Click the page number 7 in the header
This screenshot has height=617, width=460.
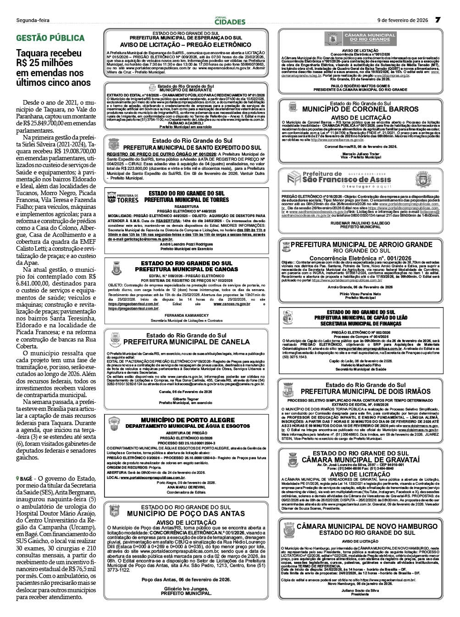coord(438,20)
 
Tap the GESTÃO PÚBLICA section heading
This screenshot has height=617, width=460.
coord(50,38)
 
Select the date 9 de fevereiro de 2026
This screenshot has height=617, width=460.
coord(403,20)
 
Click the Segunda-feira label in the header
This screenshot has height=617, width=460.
coord(33,20)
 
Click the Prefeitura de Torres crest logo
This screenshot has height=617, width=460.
coord(116,198)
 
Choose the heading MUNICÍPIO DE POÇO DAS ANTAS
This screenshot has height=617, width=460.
coord(186,513)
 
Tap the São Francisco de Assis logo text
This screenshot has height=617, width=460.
coord(347,179)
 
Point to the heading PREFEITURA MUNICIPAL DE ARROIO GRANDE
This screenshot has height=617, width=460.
coord(361,245)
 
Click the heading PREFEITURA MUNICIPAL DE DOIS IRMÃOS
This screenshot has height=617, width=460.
coord(366,391)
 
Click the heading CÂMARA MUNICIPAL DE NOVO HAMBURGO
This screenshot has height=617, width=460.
coord(367,526)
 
